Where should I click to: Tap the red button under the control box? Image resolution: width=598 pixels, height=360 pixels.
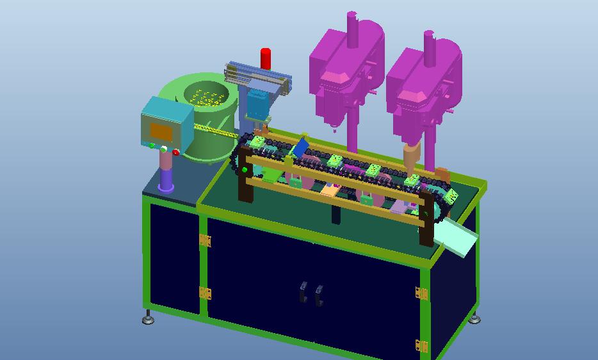point(176,152)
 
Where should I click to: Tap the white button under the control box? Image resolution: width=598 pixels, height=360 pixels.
point(164,149)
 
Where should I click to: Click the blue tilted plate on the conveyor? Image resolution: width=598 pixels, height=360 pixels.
point(299,149)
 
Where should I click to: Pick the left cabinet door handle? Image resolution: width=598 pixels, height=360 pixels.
point(302,291)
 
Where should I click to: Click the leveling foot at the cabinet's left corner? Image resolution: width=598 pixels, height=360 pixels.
point(149,318)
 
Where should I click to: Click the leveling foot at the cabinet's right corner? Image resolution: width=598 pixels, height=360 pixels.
point(474,318)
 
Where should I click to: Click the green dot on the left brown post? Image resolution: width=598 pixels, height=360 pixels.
point(245,170)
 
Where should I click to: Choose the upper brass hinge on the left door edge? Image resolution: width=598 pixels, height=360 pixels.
point(205,240)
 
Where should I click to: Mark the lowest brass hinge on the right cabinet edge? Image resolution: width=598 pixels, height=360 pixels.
point(421,346)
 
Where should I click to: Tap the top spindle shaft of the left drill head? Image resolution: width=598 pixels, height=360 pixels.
point(352,29)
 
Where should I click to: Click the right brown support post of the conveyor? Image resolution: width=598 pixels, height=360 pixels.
point(426,221)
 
